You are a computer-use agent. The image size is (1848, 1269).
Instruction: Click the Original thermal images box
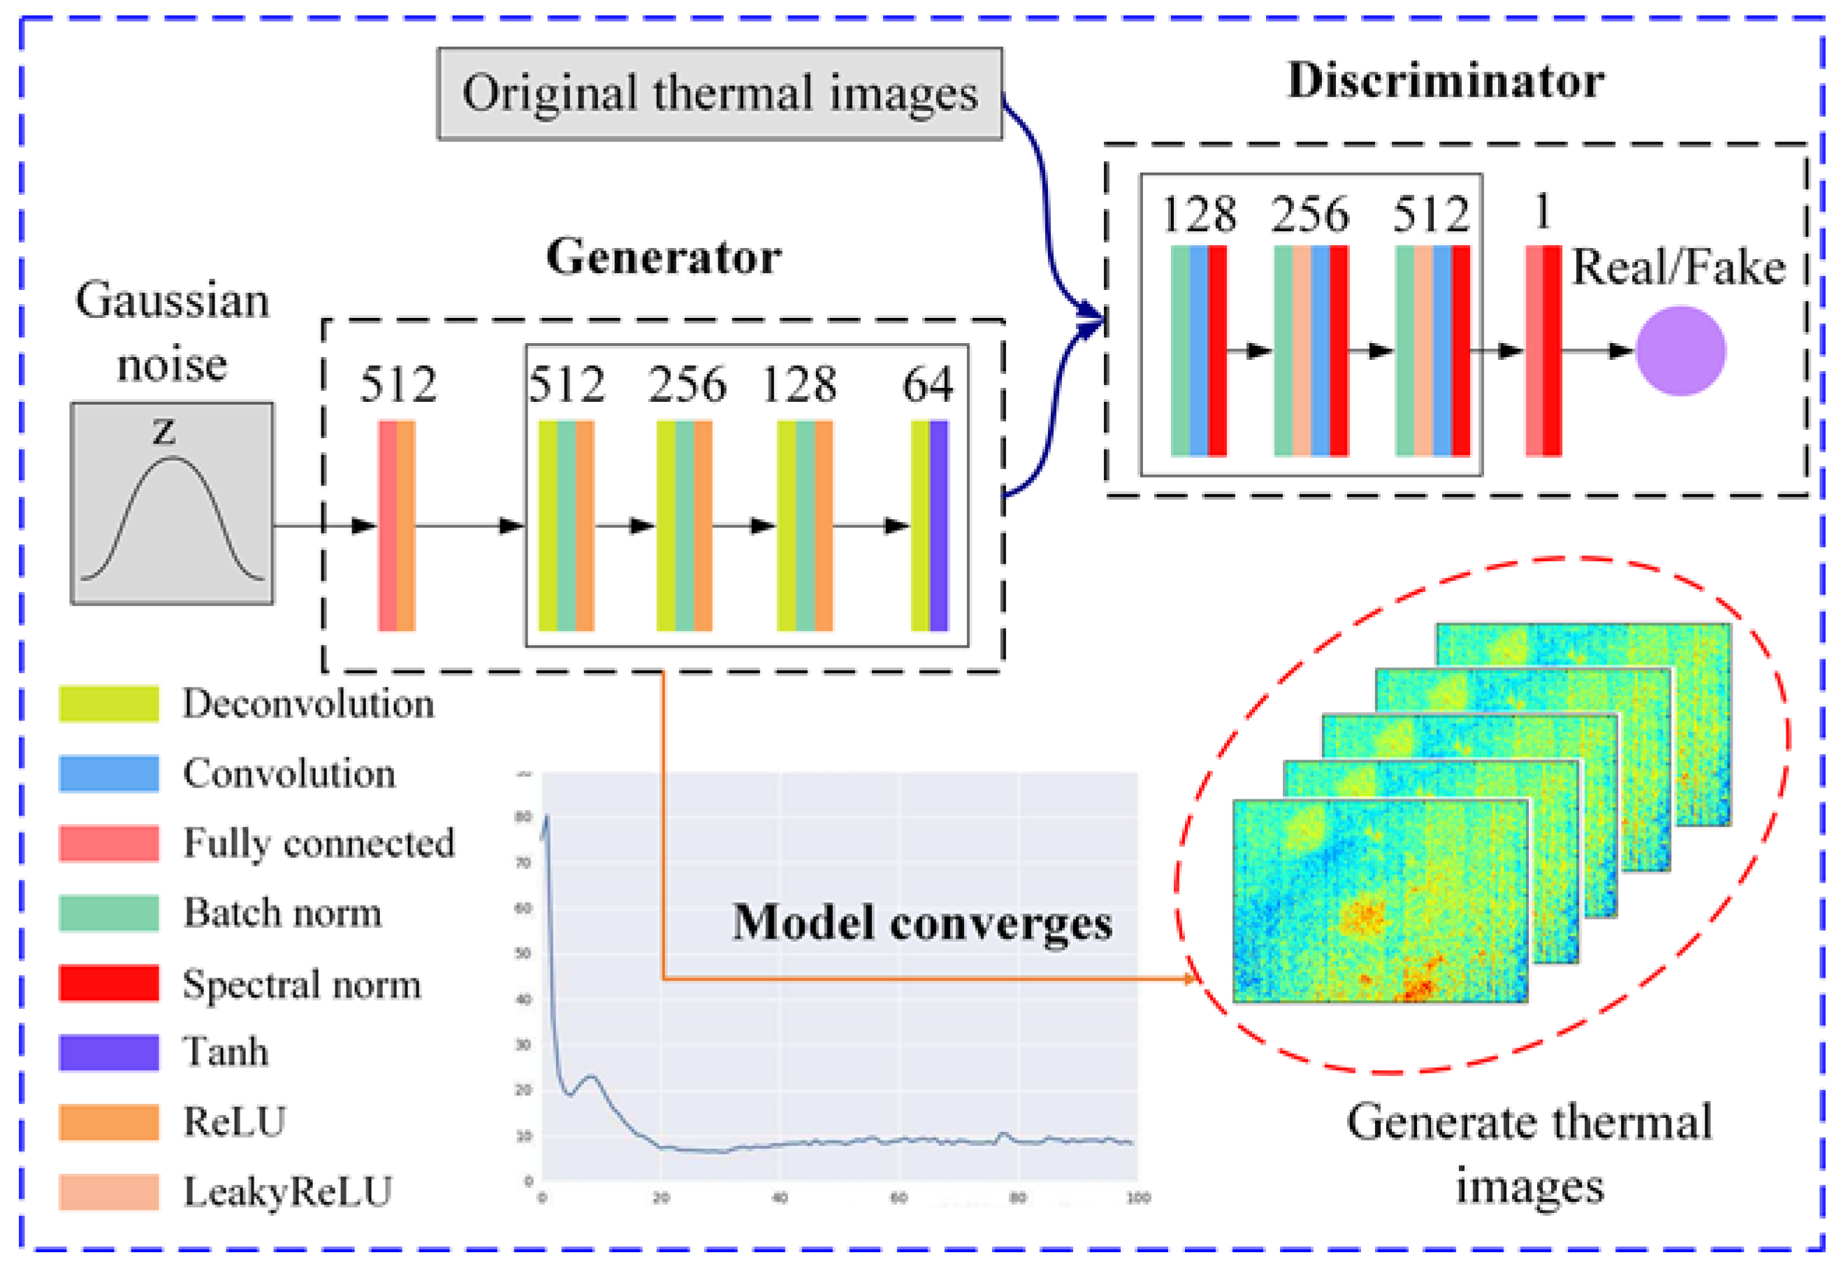(720, 94)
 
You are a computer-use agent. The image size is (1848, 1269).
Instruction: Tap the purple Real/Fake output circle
(1680, 351)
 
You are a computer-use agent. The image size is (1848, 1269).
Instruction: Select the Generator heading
(663, 257)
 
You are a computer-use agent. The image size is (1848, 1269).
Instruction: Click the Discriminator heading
(1445, 80)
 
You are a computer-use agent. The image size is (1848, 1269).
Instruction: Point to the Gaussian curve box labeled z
(172, 503)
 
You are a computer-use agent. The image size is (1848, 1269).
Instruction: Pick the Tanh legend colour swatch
(109, 1052)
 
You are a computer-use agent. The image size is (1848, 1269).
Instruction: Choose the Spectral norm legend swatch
(109, 982)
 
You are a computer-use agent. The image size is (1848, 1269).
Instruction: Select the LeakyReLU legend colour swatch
(109, 1191)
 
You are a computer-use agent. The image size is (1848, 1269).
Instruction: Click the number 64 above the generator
(927, 385)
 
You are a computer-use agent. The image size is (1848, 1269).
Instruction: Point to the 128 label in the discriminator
(1199, 214)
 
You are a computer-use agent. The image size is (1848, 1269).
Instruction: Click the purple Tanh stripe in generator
(939, 525)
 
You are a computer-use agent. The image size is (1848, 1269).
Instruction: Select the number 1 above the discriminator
(1542, 212)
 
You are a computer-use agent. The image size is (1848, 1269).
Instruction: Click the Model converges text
(922, 923)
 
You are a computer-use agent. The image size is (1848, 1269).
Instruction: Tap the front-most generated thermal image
(1380, 900)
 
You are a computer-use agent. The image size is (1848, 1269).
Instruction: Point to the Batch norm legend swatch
(109, 913)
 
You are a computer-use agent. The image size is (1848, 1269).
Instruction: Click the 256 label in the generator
(687, 385)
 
